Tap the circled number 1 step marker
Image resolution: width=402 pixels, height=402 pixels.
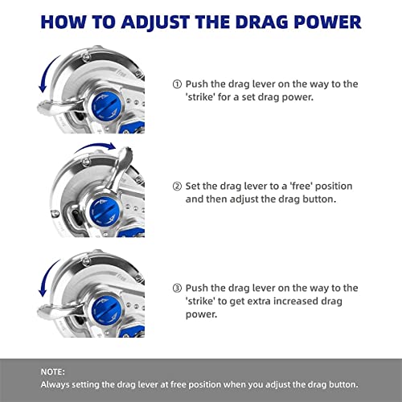coord(177,84)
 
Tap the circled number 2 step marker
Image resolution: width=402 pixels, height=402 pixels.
coord(177,186)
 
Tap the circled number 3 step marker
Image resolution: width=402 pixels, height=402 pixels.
coord(177,288)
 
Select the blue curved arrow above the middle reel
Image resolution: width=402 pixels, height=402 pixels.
coord(95,146)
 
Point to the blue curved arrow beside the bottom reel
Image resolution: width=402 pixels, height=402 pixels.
coord(46,278)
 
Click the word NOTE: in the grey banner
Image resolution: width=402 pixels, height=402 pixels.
coord(53,372)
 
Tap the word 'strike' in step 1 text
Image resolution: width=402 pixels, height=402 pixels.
coord(201,97)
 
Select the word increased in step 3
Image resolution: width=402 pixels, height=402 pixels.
coord(296,301)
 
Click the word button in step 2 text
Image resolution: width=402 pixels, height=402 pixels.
coord(319,199)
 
